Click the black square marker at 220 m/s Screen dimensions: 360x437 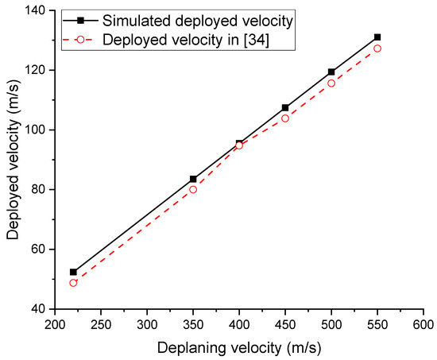click(74, 272)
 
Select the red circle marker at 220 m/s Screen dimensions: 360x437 click(74, 283)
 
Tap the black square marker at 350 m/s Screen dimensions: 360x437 click(193, 179)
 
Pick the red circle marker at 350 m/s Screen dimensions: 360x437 click(193, 189)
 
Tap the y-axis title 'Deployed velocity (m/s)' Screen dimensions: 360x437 click(14, 159)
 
